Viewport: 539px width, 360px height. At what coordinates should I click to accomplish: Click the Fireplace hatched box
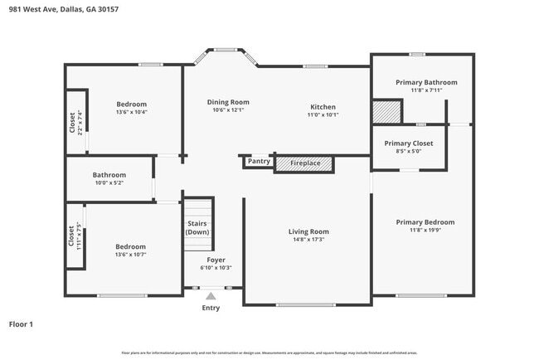tap(303, 164)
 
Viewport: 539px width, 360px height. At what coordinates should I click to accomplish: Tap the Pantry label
tap(259, 161)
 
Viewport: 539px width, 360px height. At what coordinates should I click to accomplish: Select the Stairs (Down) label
tap(197, 228)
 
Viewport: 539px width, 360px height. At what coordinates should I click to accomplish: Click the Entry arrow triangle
tap(211, 294)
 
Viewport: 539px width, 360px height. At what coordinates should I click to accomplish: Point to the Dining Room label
tap(228, 102)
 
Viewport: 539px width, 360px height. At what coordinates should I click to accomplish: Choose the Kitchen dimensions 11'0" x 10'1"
tap(323, 115)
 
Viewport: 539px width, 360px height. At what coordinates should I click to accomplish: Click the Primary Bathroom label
tap(426, 82)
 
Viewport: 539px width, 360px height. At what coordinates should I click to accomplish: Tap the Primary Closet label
tap(409, 144)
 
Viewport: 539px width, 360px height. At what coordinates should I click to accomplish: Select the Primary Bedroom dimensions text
tap(425, 231)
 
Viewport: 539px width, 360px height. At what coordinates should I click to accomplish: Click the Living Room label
tap(308, 231)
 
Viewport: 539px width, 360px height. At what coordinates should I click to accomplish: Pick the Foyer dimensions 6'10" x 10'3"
tap(216, 268)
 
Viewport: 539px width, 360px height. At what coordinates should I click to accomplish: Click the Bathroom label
tap(109, 175)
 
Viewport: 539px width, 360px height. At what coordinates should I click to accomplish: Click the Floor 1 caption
tap(21, 324)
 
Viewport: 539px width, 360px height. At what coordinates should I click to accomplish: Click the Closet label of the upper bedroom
tap(73, 122)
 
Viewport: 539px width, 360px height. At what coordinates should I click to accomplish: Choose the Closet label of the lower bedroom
tap(72, 236)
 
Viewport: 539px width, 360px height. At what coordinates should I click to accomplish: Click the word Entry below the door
tap(211, 308)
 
